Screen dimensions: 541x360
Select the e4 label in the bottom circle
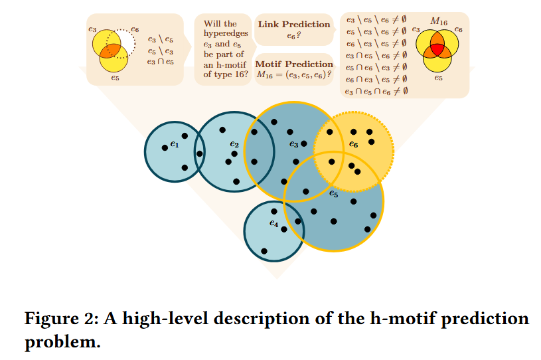tap(273, 224)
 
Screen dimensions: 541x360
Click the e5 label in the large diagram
tap(334, 194)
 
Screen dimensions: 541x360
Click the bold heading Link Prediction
tap(293, 25)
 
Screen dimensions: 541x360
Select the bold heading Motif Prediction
tap(293, 64)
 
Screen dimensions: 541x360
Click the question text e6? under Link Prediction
tap(289, 37)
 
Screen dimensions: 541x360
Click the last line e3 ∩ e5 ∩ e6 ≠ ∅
tap(376, 91)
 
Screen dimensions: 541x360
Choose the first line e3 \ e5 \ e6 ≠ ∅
tap(376, 21)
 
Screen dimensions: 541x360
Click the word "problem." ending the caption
tap(62, 343)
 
